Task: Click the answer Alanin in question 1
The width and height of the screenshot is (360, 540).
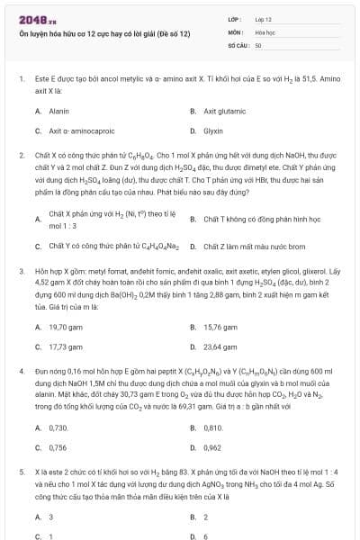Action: [x=59, y=111]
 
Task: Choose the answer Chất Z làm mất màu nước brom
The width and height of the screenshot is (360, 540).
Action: [x=247, y=246]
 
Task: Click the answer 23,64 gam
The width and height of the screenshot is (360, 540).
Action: [x=220, y=346]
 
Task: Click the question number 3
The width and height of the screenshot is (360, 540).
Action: [x=22, y=270]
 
